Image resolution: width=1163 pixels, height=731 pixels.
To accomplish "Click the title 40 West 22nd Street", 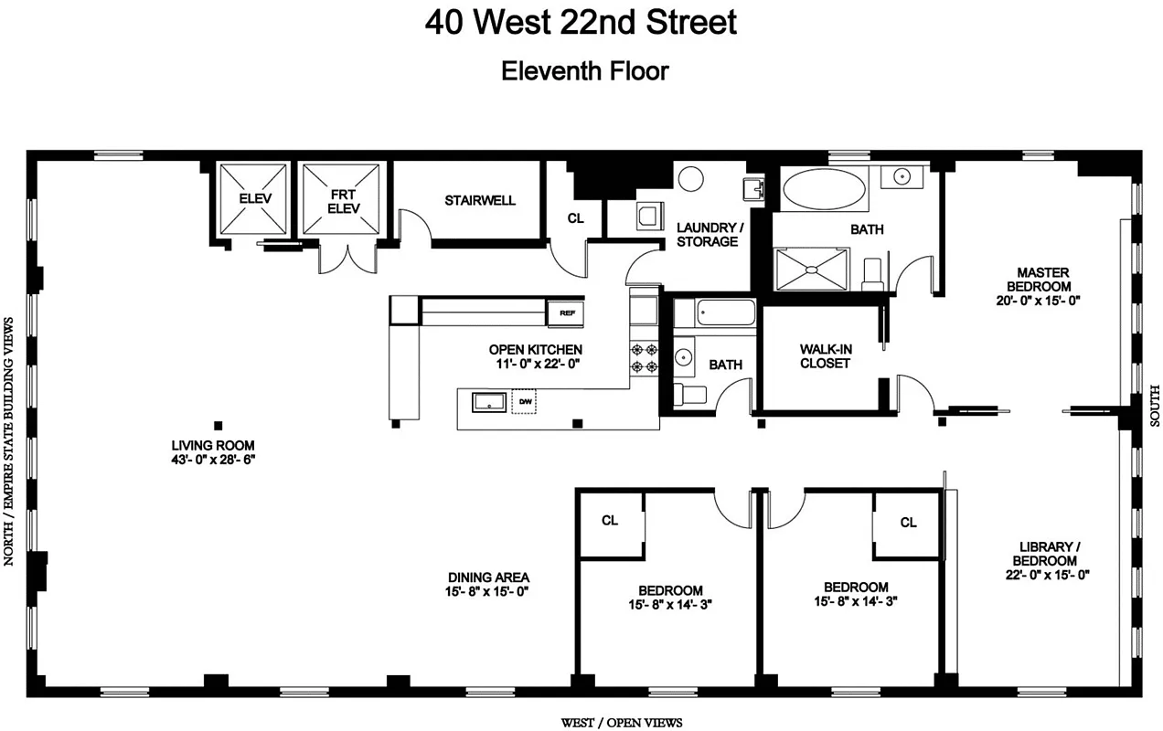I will (581, 22).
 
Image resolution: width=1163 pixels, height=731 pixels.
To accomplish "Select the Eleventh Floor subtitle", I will (584, 71).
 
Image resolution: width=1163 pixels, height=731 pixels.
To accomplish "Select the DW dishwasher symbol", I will (525, 401).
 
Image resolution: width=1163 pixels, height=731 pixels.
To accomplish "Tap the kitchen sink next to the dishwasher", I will (489, 401).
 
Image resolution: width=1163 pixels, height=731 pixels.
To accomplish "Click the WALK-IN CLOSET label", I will (825, 355).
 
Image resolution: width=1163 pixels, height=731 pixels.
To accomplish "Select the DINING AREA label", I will (488, 577).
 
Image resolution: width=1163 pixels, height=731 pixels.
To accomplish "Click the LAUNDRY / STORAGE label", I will (708, 234).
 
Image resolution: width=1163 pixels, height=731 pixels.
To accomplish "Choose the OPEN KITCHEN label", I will (535, 349).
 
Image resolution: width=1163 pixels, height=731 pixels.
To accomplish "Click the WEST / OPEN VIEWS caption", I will (621, 723).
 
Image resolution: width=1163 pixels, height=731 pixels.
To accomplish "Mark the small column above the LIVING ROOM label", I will (218, 425).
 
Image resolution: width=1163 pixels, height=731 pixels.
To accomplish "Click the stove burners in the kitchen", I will (643, 357).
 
